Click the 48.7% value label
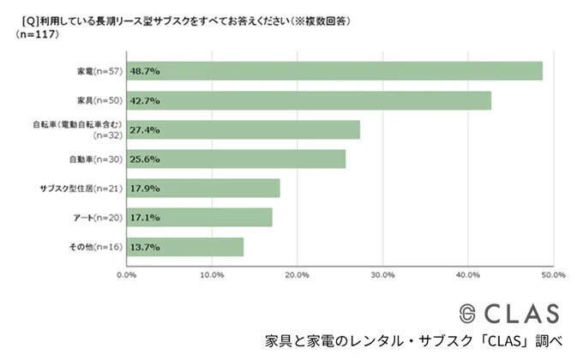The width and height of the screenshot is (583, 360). [145, 71]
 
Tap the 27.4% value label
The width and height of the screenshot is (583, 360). [145, 130]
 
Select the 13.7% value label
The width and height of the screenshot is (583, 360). [145, 247]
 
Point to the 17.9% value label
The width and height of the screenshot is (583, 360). [145, 189]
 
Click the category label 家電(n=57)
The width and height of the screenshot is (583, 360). [99, 71]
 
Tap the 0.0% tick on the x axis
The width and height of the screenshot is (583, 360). [126, 275]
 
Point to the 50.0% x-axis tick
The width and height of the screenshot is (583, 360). [553, 275]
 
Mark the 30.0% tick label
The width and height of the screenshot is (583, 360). [382, 275]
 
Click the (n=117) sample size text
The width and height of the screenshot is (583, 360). [36, 34]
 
